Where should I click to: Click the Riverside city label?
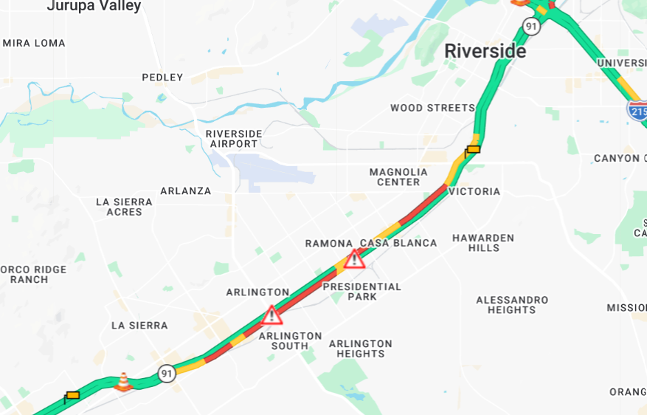pyautogui.click(x=485, y=52)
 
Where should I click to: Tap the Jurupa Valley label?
pyautogui.click(x=94, y=7)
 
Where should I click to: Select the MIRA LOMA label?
pyautogui.click(x=34, y=44)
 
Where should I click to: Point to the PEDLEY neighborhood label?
pyautogui.click(x=162, y=78)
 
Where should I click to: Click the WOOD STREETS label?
pyautogui.click(x=432, y=108)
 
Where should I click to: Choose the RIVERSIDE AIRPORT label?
pyautogui.click(x=234, y=139)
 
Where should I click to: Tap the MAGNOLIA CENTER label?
pyautogui.click(x=398, y=177)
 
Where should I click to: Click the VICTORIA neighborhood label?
pyautogui.click(x=474, y=192)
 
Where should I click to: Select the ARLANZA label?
pyautogui.click(x=186, y=191)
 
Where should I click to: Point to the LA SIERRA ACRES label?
pyautogui.click(x=124, y=207)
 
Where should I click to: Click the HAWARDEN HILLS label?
pyautogui.click(x=483, y=243)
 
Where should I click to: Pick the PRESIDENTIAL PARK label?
pyautogui.click(x=361, y=292)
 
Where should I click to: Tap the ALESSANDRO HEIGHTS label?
pyautogui.click(x=512, y=305)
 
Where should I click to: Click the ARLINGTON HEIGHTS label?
pyautogui.click(x=360, y=349)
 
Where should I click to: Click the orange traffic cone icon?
pyautogui.click(x=123, y=381)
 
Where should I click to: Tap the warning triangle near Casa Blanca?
pyautogui.click(x=355, y=259)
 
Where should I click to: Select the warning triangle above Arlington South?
pyautogui.click(x=271, y=315)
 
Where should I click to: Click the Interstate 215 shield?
pyautogui.click(x=637, y=111)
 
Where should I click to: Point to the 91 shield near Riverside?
pyautogui.click(x=531, y=27)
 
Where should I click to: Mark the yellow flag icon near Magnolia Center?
pyautogui.click(x=472, y=151)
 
